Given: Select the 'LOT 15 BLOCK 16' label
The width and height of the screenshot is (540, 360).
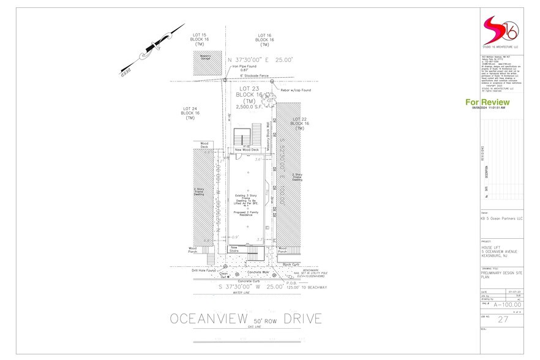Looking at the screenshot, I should tap(200, 40).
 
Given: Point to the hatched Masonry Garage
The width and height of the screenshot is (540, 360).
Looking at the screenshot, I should tap(205, 63).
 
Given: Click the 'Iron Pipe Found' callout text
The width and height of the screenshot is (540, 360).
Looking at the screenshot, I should tap(244, 68).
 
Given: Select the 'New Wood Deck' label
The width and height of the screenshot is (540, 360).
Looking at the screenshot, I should tap(247, 149).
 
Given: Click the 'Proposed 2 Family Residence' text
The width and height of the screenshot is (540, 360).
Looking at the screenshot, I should tap(247, 213).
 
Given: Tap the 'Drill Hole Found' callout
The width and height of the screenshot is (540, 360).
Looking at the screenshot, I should tap(203, 270).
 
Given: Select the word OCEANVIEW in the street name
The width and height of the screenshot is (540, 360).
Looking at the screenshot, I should tap(208, 319).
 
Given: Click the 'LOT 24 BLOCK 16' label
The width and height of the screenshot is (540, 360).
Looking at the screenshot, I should tap(190, 113).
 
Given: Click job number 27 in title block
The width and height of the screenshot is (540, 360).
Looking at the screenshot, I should tap(503, 320).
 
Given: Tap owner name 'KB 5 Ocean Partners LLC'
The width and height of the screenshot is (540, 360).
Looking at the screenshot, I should tap(501, 219).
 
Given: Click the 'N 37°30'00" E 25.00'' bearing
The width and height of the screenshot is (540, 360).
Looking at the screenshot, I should tap(260, 59).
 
